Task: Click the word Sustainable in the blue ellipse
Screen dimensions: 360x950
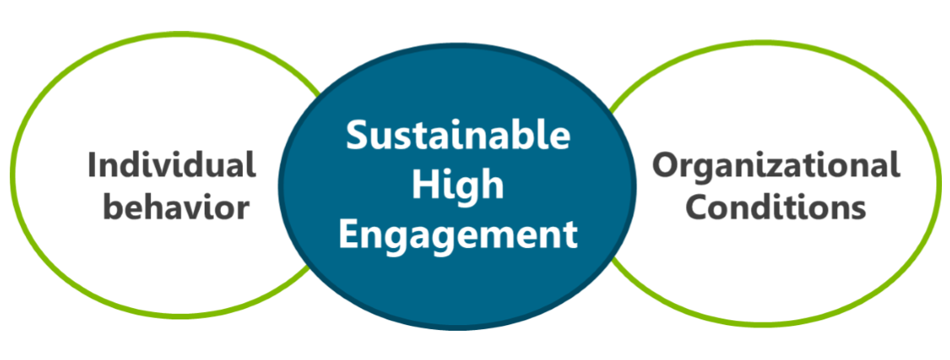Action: pyautogui.click(x=458, y=135)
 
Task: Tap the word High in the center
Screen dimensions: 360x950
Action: pyautogui.click(x=458, y=186)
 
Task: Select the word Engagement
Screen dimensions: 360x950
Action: pyautogui.click(x=458, y=235)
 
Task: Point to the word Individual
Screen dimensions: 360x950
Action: pyautogui.click(x=171, y=165)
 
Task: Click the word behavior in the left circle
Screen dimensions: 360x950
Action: pyautogui.click(x=178, y=208)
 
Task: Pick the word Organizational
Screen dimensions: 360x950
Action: pyautogui.click(x=777, y=165)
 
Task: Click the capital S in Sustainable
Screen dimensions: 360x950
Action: pyautogui.click(x=357, y=135)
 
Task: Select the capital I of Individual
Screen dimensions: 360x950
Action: pyautogui.click(x=93, y=165)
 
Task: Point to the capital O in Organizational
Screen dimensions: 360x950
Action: pyautogui.click(x=667, y=165)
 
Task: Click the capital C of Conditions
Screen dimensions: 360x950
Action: pyautogui.click(x=696, y=208)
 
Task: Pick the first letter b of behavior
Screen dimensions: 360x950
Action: pyautogui.click(x=115, y=208)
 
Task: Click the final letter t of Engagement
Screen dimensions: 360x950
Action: pyautogui.click(x=570, y=235)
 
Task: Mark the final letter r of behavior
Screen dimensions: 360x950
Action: pyautogui.click(x=242, y=210)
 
